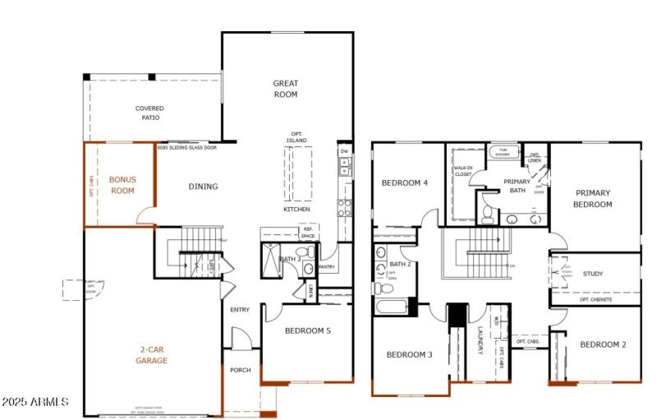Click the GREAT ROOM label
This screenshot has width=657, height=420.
pyautogui.click(x=286, y=89)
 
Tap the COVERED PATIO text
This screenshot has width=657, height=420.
pyautogui.click(x=149, y=113)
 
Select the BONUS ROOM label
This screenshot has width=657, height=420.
pyautogui.click(x=122, y=184)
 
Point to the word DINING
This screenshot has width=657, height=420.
pyautogui.click(x=203, y=187)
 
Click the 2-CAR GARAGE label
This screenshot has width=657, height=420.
pyautogui.click(x=152, y=355)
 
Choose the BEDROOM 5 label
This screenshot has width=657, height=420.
pyautogui.click(x=307, y=331)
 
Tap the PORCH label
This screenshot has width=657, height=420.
pyautogui.click(x=240, y=370)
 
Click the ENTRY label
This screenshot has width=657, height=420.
pyautogui.click(x=240, y=310)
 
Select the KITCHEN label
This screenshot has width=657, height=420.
pyautogui.click(x=296, y=210)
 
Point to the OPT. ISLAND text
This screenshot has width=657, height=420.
pyautogui.click(x=296, y=137)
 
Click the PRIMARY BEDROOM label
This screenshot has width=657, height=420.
pyautogui.click(x=593, y=199)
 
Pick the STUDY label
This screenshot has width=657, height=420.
pyautogui.click(x=593, y=274)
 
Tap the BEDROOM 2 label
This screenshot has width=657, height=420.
pyautogui.click(x=603, y=344)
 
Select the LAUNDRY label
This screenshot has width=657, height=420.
pyautogui.click(x=481, y=340)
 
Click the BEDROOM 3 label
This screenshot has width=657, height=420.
pyautogui.click(x=409, y=354)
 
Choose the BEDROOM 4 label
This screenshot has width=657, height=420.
pyautogui.click(x=405, y=182)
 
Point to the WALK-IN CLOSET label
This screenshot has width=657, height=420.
pyautogui.click(x=462, y=171)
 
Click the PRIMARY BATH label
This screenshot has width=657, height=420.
pyautogui.click(x=517, y=186)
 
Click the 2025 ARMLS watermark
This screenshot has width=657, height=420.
pyautogui.click(x=34, y=402)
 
